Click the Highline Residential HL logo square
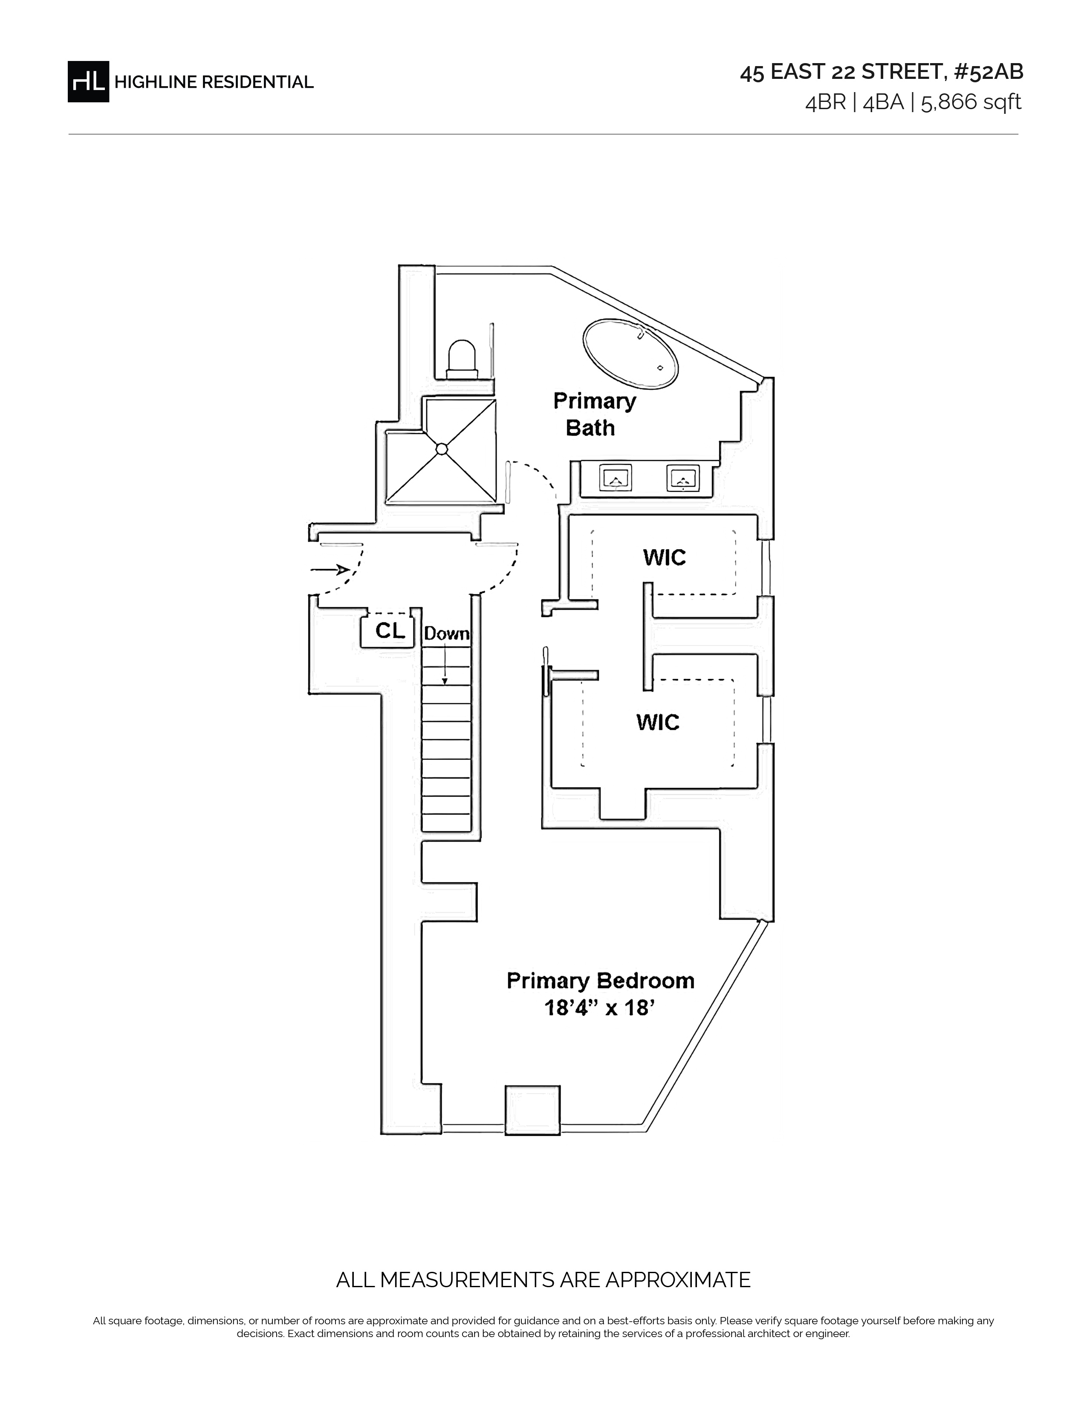[88, 82]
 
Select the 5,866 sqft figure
[971, 102]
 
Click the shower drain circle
[442, 449]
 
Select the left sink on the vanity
[616, 478]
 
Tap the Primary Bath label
[594, 414]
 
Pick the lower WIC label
[657, 722]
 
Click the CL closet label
[390, 631]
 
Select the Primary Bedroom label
[601, 981]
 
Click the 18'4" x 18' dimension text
[600, 1007]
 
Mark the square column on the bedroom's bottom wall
[532, 1110]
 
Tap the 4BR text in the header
[826, 102]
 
